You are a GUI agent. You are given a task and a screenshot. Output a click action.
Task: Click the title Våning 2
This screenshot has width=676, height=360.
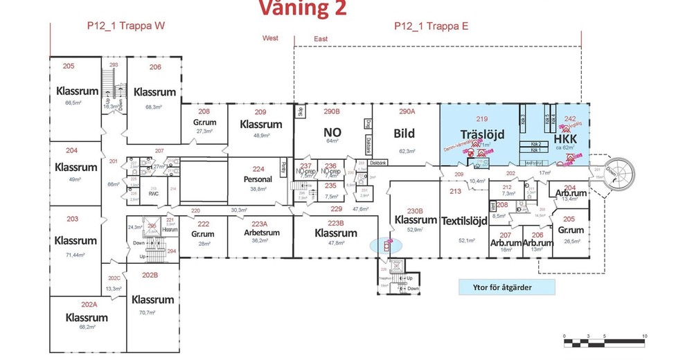(303, 8)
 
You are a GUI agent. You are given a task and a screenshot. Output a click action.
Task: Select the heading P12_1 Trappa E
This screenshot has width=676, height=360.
(432, 26)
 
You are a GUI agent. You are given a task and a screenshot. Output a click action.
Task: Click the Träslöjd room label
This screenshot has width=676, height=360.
(481, 133)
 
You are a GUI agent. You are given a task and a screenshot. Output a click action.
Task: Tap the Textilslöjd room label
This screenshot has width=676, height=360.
(465, 221)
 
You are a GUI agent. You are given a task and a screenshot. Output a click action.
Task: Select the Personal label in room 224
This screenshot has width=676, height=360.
(258, 179)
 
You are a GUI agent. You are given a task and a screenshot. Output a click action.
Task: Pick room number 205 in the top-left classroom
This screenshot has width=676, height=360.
(68, 66)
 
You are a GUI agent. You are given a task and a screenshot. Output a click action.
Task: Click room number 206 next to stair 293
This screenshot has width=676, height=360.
(154, 67)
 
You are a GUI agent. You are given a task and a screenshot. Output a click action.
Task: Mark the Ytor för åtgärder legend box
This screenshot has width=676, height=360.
(506, 287)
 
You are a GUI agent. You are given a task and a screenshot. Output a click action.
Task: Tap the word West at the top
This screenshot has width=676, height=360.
(270, 39)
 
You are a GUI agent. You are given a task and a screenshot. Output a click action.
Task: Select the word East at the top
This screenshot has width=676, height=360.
(321, 39)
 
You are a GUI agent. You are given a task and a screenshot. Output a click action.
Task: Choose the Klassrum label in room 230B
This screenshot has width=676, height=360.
(416, 220)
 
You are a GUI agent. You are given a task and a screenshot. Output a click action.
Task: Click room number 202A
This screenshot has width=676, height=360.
(88, 304)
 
